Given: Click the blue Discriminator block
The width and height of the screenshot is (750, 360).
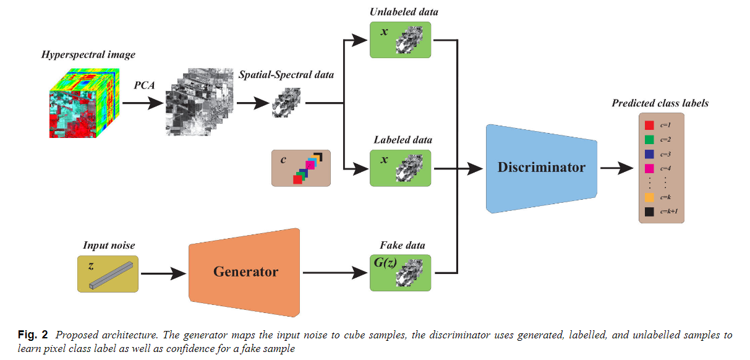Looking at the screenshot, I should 542,168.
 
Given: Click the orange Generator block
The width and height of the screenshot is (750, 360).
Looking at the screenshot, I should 245,272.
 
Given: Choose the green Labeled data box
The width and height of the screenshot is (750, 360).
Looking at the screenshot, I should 401,167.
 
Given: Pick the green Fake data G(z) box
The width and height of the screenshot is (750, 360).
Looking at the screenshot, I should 401,272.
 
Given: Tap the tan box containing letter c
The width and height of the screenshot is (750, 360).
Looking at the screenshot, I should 300,168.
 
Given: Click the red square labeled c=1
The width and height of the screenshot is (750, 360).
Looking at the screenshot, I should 649,125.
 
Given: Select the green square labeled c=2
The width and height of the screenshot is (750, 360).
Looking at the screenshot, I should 649,140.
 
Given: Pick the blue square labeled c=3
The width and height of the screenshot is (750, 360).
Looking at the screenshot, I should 649,154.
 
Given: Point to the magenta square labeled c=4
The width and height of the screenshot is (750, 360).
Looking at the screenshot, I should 649,168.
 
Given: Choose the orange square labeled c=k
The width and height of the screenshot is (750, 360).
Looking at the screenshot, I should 649,197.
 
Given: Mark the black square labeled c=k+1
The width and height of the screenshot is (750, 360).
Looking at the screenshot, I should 649,212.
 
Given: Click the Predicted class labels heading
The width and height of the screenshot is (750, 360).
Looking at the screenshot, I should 660,103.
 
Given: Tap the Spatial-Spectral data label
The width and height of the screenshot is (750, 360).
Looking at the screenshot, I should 286,75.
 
